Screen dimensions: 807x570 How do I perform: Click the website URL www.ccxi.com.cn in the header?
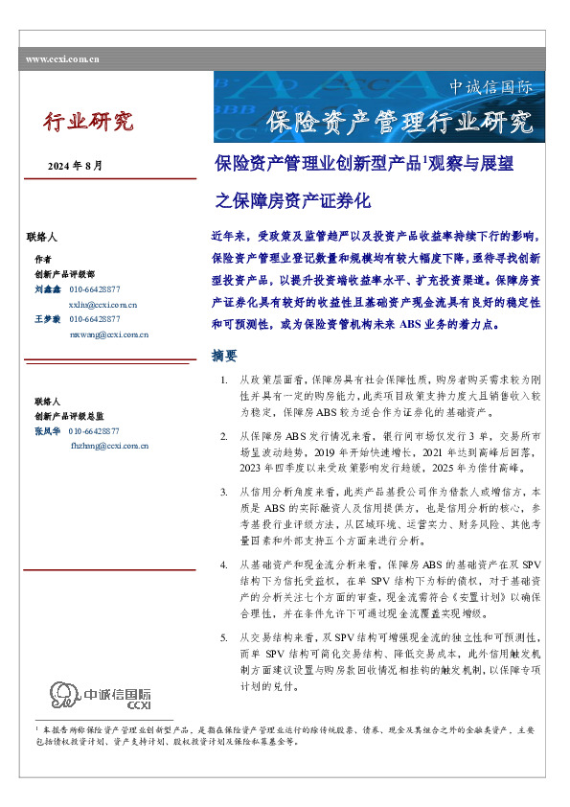tap(63, 59)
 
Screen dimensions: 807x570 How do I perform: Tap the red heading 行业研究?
tap(88, 122)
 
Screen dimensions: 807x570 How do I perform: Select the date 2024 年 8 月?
tap(75, 166)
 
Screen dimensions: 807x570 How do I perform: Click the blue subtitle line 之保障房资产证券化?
tap(293, 201)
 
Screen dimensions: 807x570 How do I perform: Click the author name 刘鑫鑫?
tap(47, 288)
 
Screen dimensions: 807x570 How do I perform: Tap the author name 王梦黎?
tap(47, 318)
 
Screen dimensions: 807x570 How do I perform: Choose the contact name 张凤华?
tap(47, 431)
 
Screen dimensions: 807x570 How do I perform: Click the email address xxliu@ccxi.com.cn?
tap(103, 304)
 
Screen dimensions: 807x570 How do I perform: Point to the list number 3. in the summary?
tap(223, 491)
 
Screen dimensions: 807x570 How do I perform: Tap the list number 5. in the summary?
tap(223, 611)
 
